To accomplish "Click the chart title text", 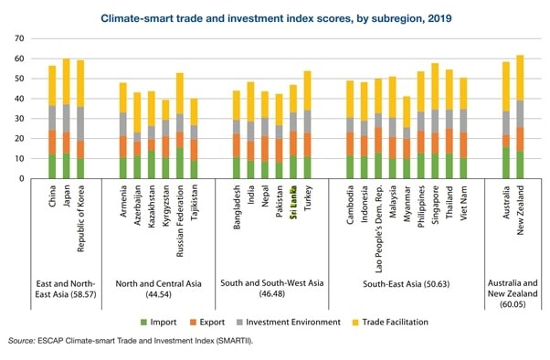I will (274, 16).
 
